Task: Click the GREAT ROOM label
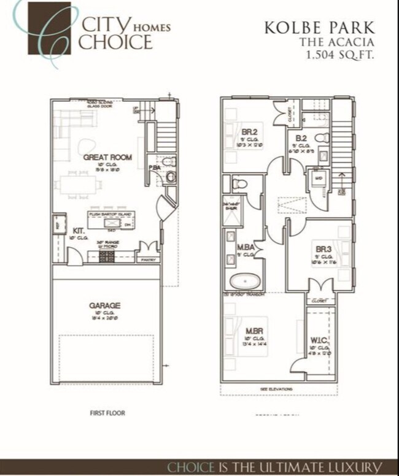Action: coord(107,158)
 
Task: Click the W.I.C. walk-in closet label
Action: coord(317,339)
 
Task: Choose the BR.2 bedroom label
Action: coord(249,132)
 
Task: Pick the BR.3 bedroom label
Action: coord(323,249)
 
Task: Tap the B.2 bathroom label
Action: coord(301,138)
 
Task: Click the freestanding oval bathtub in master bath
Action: coord(246,282)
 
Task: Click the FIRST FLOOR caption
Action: coord(107,413)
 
